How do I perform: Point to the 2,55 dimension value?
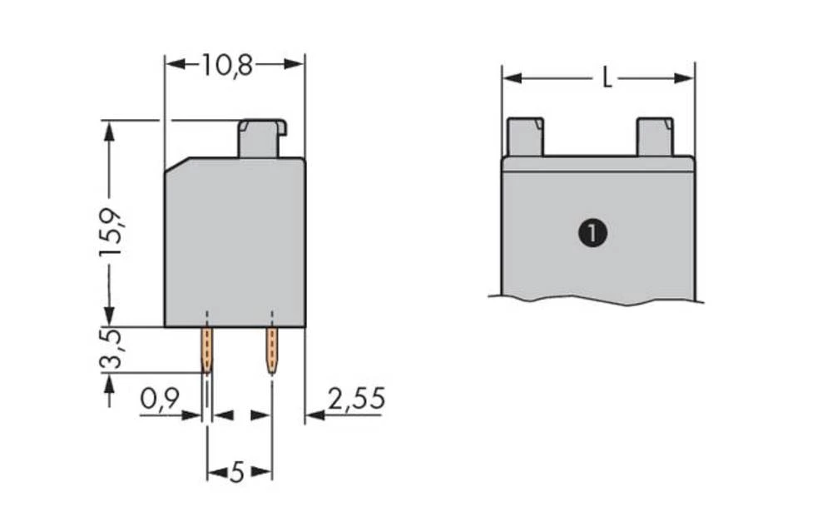(356, 400)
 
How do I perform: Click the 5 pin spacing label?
(238, 474)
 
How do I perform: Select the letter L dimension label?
(607, 79)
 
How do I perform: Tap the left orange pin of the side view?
(206, 350)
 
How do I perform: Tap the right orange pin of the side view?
(271, 350)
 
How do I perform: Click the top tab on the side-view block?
(262, 138)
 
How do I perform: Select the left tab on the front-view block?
(525, 137)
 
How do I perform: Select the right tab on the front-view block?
(655, 137)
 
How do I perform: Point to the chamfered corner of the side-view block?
(176, 166)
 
